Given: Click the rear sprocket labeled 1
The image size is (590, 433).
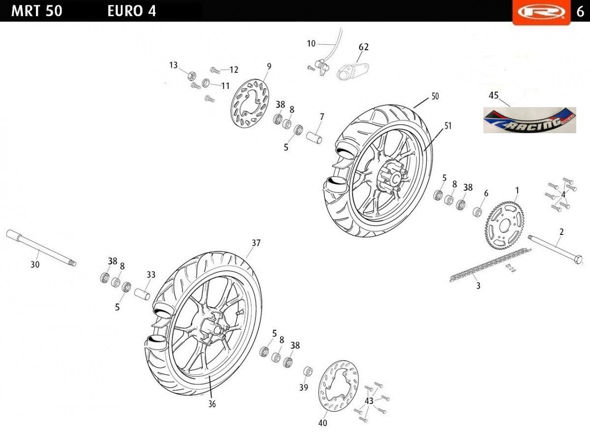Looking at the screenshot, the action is coord(504,225).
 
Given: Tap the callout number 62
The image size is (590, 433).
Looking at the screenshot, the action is coord(363,47).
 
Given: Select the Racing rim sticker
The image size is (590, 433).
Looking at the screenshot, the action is coord(530,120).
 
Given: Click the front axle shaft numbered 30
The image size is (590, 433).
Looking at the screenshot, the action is coord(41,248).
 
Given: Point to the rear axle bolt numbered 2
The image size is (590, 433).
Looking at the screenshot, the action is coord(555,249).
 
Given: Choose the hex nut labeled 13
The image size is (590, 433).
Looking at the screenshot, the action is coord(192,76).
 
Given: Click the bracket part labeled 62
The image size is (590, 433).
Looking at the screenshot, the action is coord(353,71).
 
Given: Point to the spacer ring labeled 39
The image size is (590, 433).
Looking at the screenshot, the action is coord(308,372).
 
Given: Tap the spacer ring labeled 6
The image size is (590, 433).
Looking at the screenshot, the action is coord(477,212).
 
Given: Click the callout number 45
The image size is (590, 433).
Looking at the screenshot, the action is coord(494,95).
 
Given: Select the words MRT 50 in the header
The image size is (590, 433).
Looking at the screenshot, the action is coord(36,11).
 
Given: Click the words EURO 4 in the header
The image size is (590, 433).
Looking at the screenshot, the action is coord(132,11).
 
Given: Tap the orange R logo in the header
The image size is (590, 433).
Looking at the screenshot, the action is coord(541,12).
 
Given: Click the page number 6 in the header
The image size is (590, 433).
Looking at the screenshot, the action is coord(580,12).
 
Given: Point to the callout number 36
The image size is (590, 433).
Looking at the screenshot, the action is coord(212,404).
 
